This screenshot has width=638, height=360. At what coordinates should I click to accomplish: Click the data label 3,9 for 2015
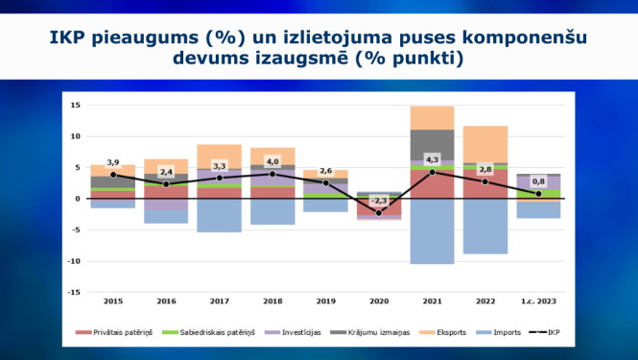pos(113,163)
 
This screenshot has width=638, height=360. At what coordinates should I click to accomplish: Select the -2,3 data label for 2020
pos(381,201)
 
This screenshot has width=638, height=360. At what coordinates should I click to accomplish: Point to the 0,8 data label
pos(538,181)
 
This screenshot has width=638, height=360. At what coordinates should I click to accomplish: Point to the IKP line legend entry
pos(555,332)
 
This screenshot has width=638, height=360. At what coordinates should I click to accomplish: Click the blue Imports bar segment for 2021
pos(432,230)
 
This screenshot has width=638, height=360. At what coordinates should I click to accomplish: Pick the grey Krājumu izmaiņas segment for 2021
pos(432,143)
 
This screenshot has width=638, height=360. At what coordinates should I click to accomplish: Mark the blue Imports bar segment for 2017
pos(219,215)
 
